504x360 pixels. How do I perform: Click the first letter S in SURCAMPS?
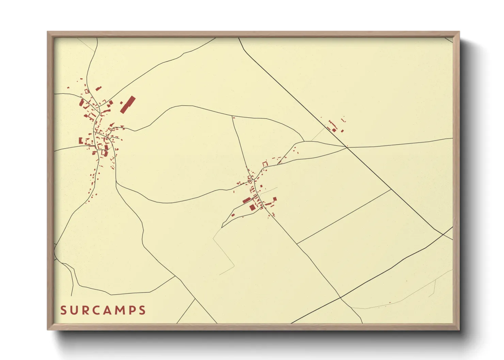tap(63, 310)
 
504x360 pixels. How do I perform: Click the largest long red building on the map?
tap(128, 104)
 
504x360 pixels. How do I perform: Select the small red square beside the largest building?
tap(121, 102)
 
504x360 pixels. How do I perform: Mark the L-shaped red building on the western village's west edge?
tap(81, 140)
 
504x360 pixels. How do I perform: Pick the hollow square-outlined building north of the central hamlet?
tap(265, 164)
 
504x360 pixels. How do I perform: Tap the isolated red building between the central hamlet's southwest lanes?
tap(233, 215)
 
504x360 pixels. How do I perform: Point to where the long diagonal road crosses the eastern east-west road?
tap(347, 147)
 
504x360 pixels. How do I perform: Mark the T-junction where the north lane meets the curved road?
tap(233, 117)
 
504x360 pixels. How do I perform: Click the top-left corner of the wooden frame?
tap(48, 32)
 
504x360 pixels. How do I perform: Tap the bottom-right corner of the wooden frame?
tap(459, 329)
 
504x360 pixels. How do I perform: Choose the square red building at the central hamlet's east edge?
tap(274, 199)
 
